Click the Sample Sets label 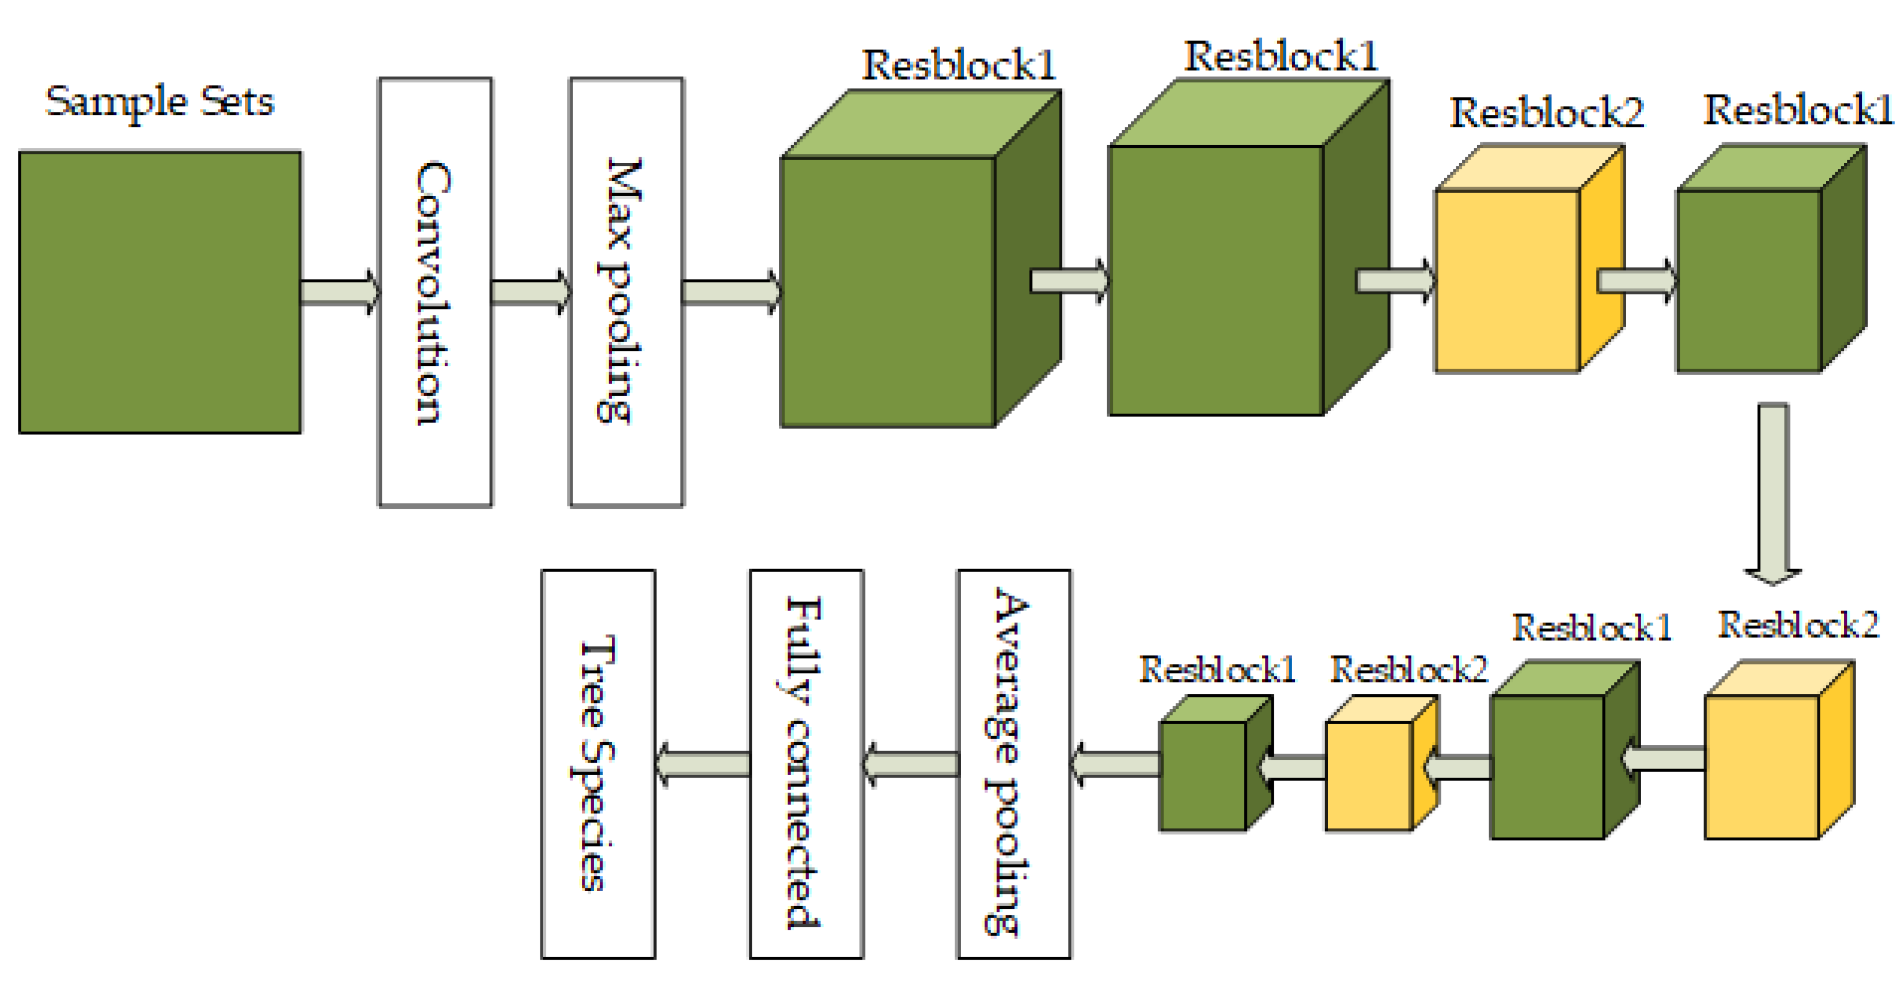(160, 102)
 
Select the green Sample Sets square (160, 292)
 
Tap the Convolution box (435, 292)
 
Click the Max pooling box (626, 292)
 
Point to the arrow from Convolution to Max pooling (530, 292)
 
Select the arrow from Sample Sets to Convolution (339, 292)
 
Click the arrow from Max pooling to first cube (730, 292)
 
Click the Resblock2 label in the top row (1547, 113)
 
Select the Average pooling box (1013, 764)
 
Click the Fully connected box (806, 764)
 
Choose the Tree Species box (598, 764)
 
